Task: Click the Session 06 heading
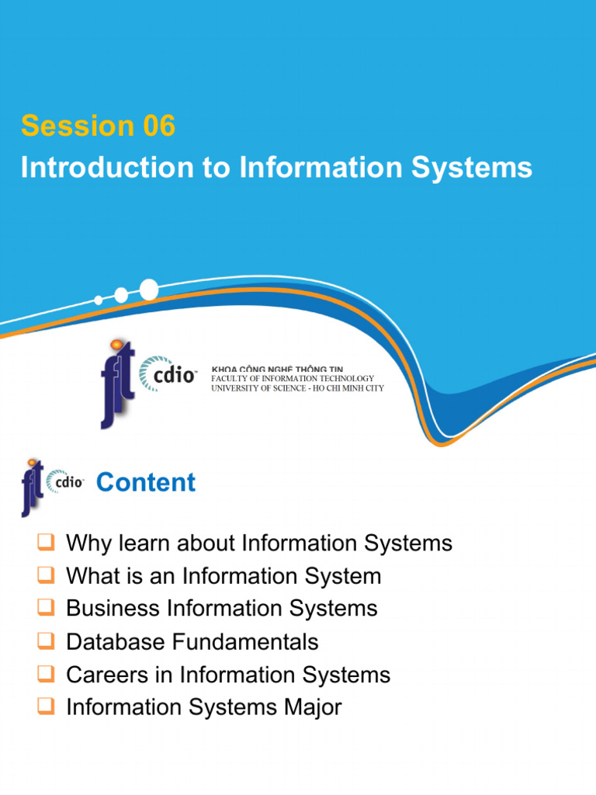(x=99, y=126)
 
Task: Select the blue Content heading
(x=145, y=482)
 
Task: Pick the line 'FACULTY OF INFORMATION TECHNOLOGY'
(x=293, y=378)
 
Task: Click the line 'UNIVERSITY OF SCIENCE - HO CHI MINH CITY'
(x=297, y=388)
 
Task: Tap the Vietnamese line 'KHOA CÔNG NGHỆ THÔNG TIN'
(x=277, y=369)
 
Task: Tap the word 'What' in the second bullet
(x=90, y=576)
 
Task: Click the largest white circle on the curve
(x=148, y=290)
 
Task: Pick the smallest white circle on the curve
(x=98, y=300)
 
